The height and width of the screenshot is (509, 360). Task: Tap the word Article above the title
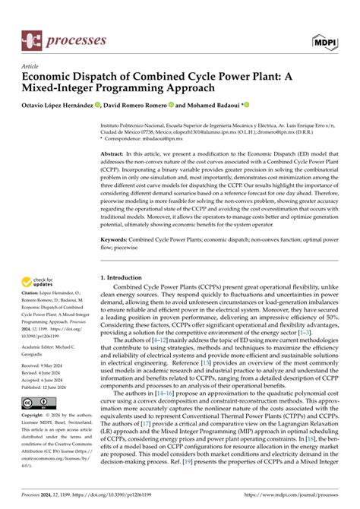30,66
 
